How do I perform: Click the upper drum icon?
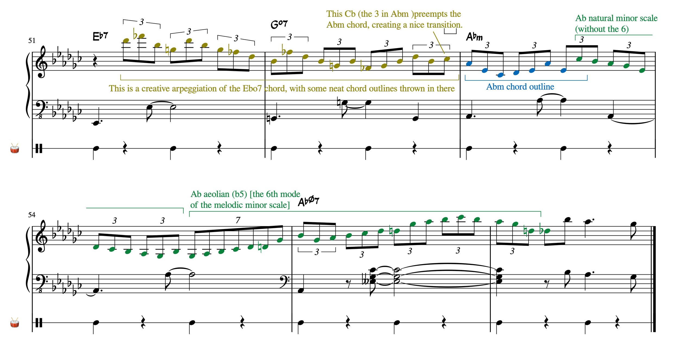click(15, 148)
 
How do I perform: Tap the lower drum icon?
click(15, 323)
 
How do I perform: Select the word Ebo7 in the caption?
click(252, 89)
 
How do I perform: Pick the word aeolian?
click(216, 194)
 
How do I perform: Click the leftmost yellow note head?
click(126, 41)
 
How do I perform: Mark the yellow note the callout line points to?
click(447, 59)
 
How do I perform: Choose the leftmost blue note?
click(469, 64)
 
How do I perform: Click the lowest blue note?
click(501, 75)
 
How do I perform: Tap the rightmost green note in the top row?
click(642, 71)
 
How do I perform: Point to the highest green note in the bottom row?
click(461, 217)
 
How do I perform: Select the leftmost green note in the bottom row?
click(96, 247)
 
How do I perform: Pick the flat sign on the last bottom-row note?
click(541, 229)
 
